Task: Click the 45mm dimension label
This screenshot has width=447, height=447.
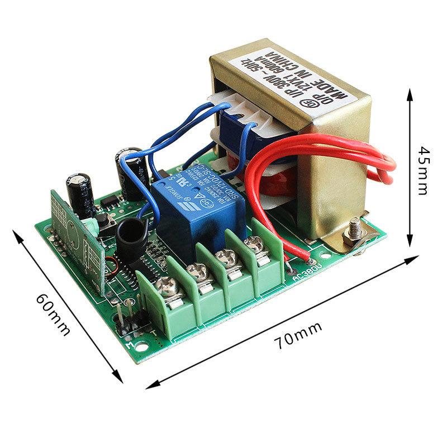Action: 423,170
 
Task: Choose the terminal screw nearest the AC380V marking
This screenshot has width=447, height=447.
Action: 255,244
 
